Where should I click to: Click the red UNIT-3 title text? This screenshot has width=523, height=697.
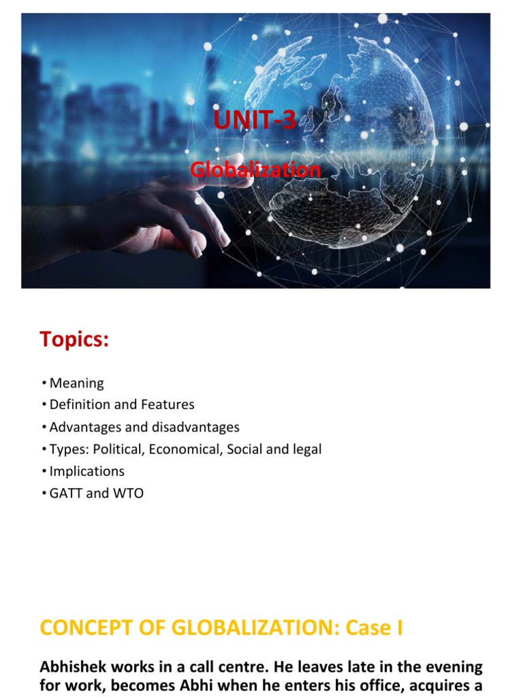[255, 120]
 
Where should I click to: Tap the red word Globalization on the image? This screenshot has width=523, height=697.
[255, 169]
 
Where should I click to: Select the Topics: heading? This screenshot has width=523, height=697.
[74, 339]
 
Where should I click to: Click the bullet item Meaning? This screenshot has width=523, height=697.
[77, 383]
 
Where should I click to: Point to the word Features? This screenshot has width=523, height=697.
[168, 405]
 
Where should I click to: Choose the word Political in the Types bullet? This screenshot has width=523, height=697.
[121, 449]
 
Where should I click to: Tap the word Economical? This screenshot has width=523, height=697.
[185, 449]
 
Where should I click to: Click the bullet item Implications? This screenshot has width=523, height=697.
[87, 471]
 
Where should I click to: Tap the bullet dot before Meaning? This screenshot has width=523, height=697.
[44, 383]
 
